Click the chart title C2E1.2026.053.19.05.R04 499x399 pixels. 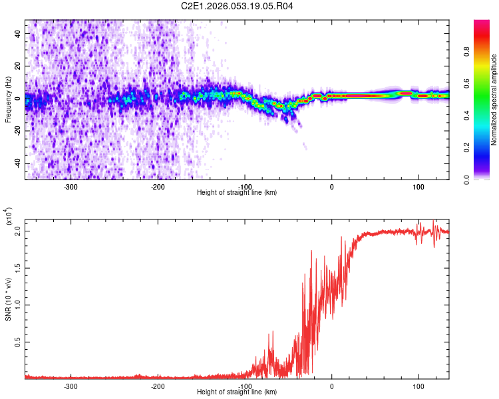238,6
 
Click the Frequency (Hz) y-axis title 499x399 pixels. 7,100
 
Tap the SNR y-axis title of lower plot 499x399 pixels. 8,299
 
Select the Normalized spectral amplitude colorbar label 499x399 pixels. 494,100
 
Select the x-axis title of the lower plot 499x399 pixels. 237,392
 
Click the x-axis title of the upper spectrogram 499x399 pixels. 237,193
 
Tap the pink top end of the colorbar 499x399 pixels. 482,24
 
